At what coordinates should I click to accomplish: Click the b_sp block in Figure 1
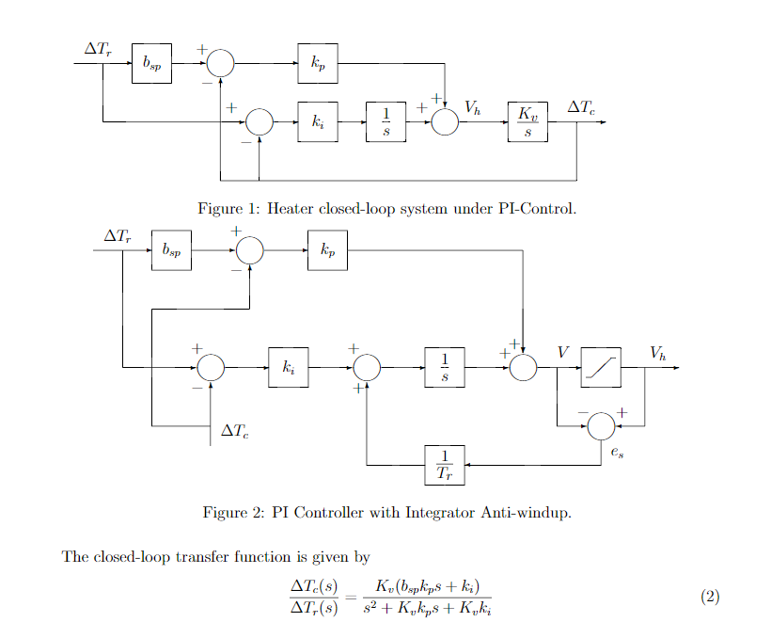click(x=151, y=63)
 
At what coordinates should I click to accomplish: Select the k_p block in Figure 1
click(x=318, y=63)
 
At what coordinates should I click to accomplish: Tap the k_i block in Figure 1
click(x=318, y=122)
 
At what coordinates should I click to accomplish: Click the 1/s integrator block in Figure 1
click(x=385, y=122)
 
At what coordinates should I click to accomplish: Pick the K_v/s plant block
click(x=527, y=122)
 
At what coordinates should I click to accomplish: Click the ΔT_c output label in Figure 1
click(x=581, y=107)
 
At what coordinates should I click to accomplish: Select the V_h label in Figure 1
click(x=472, y=108)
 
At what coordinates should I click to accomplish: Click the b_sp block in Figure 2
click(x=171, y=250)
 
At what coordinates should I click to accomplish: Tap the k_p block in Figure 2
click(x=327, y=250)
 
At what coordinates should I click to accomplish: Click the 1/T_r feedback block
click(x=445, y=465)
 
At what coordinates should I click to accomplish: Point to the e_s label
click(x=616, y=453)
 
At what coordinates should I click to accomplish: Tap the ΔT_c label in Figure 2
click(x=234, y=431)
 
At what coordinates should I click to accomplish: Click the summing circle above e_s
click(x=601, y=426)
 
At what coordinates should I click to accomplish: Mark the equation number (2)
click(x=710, y=597)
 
